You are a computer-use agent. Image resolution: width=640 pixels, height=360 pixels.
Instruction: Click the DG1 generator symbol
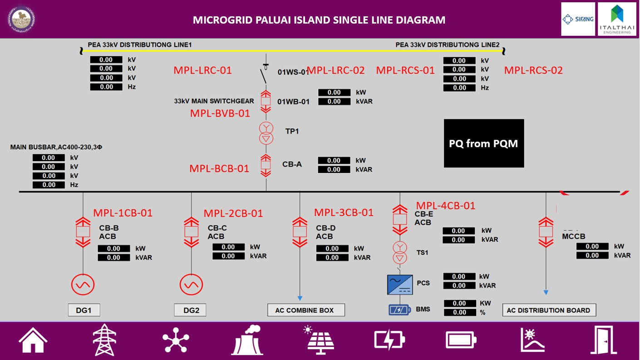point(83,285)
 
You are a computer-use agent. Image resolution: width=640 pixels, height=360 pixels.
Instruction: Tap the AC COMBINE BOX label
point(306,310)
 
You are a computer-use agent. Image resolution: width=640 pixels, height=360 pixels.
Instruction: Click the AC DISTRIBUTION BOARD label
point(549,310)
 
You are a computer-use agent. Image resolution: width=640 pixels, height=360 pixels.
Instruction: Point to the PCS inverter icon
point(399,284)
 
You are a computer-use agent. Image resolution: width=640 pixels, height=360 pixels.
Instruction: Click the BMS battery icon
point(399,310)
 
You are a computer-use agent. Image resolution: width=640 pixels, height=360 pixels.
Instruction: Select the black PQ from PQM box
point(483,143)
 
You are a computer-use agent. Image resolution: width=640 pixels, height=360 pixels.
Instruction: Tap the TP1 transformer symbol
point(266,133)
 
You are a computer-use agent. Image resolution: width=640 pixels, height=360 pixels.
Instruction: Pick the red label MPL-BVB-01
point(220,113)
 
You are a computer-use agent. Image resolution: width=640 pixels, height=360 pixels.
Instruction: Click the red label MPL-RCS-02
point(533,70)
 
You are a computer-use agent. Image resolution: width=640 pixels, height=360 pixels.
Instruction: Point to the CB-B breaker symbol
point(83,232)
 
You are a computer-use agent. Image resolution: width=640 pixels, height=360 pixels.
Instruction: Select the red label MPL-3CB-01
point(344,212)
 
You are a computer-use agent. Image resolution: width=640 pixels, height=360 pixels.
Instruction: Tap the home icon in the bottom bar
point(33,340)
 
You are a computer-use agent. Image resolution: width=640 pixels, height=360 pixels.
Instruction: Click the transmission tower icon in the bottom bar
point(104,340)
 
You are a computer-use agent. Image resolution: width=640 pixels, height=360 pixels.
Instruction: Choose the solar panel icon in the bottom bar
point(321,340)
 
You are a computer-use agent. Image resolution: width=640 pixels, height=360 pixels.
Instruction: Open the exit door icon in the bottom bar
point(603,340)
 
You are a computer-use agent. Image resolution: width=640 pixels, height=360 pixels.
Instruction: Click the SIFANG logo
point(577,19)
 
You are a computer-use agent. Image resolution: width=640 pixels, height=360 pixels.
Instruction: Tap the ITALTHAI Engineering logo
point(616,19)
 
